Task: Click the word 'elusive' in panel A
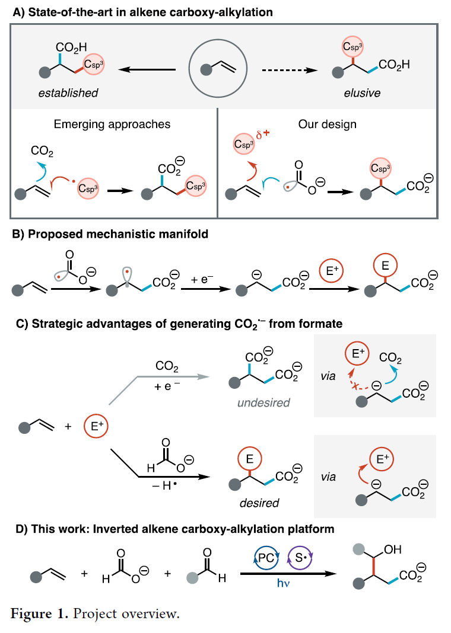pyautogui.click(x=362, y=93)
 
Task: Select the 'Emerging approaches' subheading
pyautogui.click(x=112, y=124)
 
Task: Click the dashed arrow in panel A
pyautogui.click(x=288, y=70)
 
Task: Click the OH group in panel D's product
pyautogui.click(x=393, y=549)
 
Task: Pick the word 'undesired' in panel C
pyautogui.click(x=263, y=403)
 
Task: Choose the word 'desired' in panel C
pyautogui.click(x=259, y=503)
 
